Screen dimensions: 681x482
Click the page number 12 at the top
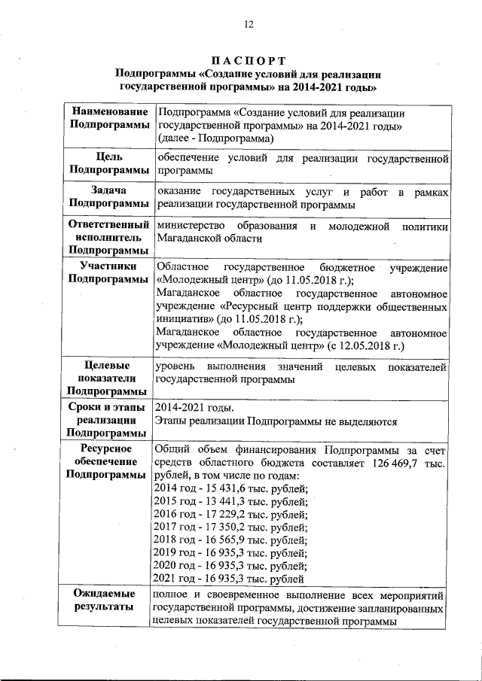(x=248, y=24)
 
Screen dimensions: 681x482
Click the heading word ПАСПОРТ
(x=248, y=60)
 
